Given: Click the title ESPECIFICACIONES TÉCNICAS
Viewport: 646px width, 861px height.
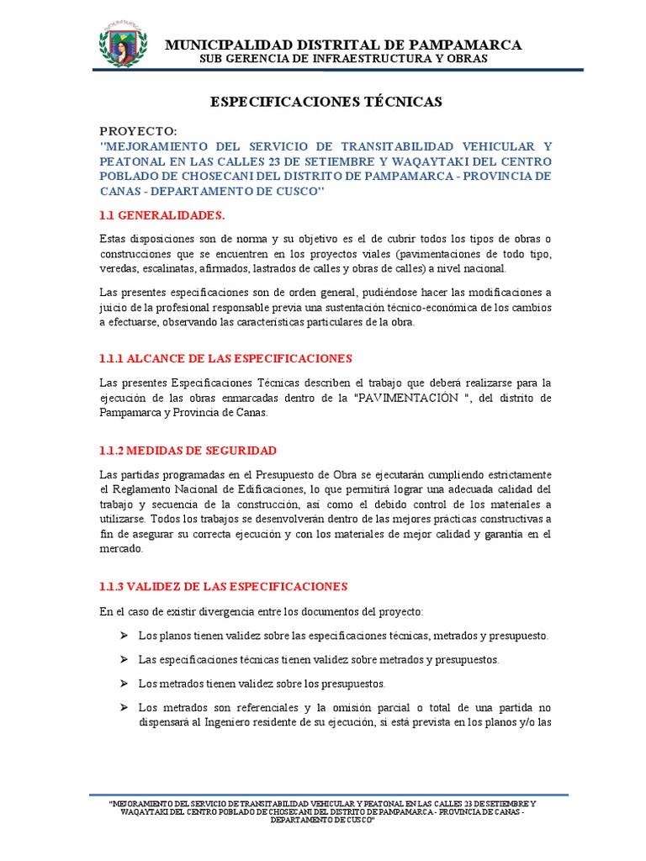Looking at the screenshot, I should click(326, 102).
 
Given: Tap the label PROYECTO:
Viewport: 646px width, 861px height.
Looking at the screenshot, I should click(138, 131).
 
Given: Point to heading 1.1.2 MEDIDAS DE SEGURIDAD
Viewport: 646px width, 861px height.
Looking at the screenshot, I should click(188, 451).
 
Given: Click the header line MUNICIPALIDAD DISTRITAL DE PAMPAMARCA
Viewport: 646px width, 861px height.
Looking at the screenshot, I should click(342, 45).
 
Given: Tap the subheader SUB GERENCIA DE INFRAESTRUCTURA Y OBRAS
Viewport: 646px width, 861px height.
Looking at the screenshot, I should click(342, 60).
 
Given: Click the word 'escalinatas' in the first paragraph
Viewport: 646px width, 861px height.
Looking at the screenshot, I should click(166, 268).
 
